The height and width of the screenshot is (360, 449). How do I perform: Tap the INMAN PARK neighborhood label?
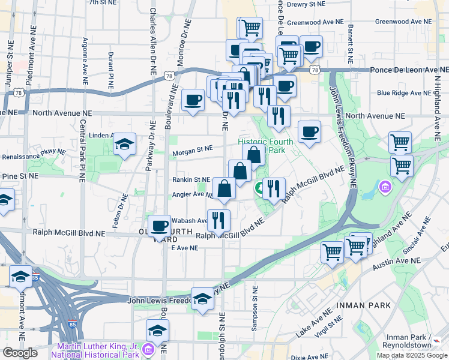(x=364, y=305)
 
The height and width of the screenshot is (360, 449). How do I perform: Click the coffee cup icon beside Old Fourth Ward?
(x=160, y=226)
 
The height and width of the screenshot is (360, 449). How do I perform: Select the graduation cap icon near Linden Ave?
(x=125, y=144)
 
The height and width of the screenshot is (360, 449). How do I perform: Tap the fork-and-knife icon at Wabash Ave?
(x=218, y=220)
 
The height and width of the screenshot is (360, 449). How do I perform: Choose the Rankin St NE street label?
(x=191, y=179)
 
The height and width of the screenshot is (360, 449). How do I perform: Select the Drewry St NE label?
(x=306, y=4)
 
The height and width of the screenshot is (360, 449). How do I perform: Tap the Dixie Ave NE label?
(x=308, y=356)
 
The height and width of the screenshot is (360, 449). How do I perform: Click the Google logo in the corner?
(x=20, y=353)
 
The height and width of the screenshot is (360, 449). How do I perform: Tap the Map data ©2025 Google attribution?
(x=412, y=355)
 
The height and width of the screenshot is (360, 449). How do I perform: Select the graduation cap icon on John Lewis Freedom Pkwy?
(x=203, y=300)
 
